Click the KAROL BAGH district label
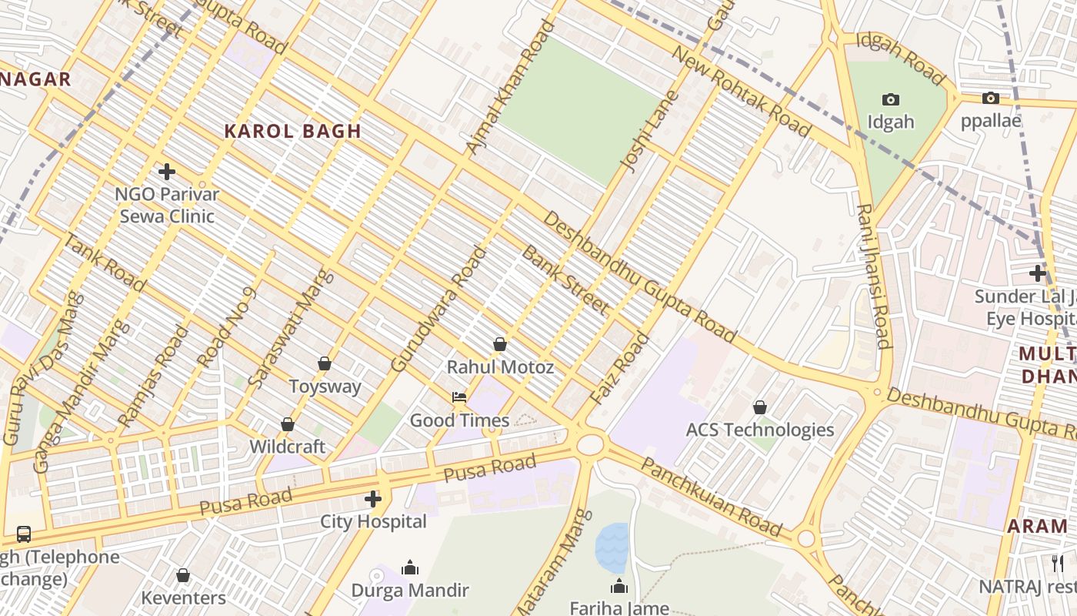[292, 131]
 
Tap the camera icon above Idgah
[891, 99]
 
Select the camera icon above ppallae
[991, 98]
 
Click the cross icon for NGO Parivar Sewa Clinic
[167, 172]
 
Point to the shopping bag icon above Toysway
[325, 363]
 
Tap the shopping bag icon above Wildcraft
[288, 424]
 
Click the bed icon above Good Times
[459, 397]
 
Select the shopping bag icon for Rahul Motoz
[500, 344]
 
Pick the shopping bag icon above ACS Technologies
[760, 407]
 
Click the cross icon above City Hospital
[373, 499]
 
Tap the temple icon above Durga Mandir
[410, 567]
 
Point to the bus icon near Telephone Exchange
[24, 534]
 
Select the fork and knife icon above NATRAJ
[1059, 563]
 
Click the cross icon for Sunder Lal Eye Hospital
[1038, 273]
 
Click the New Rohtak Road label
[742, 91]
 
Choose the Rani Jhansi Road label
[874, 276]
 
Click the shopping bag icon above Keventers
[183, 575]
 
